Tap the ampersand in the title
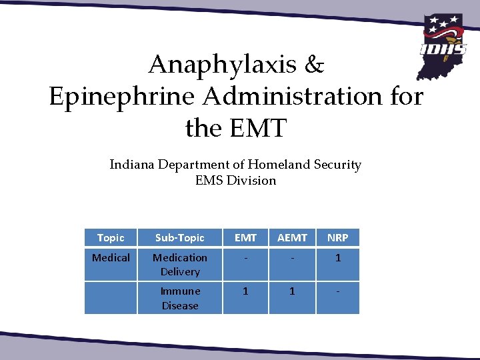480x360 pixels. pos(314,65)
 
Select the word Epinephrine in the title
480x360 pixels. pos(121,97)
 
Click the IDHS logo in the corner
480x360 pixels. pos(442,44)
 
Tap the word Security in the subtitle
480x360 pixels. pos(337,165)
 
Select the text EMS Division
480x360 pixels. pos(235,180)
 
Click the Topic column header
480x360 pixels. pos(111,237)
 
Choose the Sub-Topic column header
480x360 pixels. pos(180,237)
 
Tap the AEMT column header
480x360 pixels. pos(292,237)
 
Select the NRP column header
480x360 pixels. pos(337,237)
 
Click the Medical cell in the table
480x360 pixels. pos(111,257)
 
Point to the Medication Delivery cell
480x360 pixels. pos(180,264)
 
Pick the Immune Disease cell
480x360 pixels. pos(180,298)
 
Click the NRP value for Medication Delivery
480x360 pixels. pos(337,257)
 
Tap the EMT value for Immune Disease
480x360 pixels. pos(245,291)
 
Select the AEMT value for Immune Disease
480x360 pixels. pos(292,291)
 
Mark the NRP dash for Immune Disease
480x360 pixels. pos(337,291)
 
